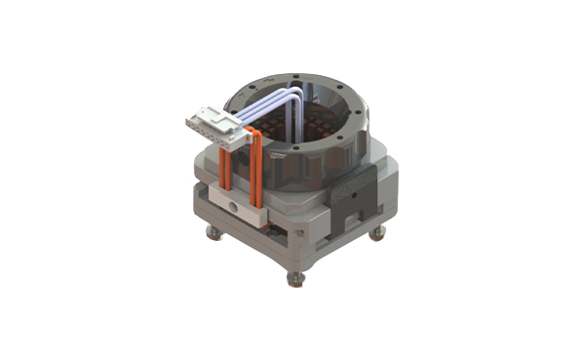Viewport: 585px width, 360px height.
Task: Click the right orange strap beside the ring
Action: coord(255,176)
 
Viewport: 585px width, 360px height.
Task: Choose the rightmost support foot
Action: coord(379,234)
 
